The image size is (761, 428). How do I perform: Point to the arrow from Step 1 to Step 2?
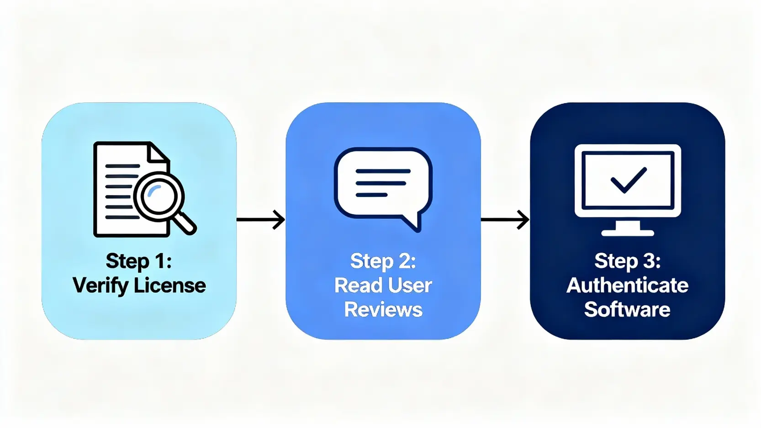tap(261, 220)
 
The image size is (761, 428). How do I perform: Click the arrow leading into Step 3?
tap(505, 220)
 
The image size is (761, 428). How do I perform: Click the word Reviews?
tap(383, 310)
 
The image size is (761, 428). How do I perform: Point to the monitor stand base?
tap(628, 232)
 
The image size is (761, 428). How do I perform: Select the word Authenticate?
tap(627, 285)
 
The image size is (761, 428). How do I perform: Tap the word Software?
tap(627, 310)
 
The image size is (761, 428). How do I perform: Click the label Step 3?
tap(627, 261)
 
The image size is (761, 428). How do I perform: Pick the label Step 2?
tap(383, 261)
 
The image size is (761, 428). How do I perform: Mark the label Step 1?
tap(139, 261)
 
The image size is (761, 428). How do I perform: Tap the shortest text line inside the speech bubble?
tap(372, 195)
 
